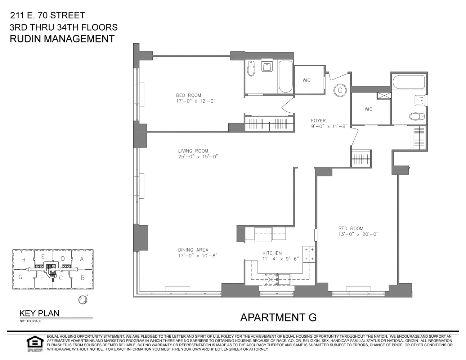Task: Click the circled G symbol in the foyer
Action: pyautogui.click(x=340, y=90)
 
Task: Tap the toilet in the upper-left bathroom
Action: pyautogui.click(x=251, y=68)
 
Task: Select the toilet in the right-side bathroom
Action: pyautogui.click(x=417, y=117)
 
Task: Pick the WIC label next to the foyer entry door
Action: pyautogui.click(x=306, y=80)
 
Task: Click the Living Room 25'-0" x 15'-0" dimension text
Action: pyautogui.click(x=198, y=157)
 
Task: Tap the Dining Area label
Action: pyautogui.click(x=193, y=250)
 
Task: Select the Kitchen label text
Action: pyautogui.click(x=272, y=253)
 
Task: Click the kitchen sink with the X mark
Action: pyautogui.click(x=271, y=279)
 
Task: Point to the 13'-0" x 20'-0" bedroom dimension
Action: pyautogui.click(x=358, y=234)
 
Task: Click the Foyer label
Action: pyautogui.click(x=318, y=121)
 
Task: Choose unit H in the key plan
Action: pyautogui.click(x=23, y=260)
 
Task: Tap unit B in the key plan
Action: pyautogui.click(x=82, y=278)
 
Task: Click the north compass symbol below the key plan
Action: pyautogui.click(x=83, y=300)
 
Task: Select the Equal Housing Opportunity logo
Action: pyautogui.click(x=35, y=344)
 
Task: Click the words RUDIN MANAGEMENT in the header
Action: pyautogui.click(x=62, y=39)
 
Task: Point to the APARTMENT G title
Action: pyautogui.click(x=278, y=318)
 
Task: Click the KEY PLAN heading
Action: pyautogui.click(x=39, y=313)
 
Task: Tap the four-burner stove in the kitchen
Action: pyautogui.click(x=309, y=254)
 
